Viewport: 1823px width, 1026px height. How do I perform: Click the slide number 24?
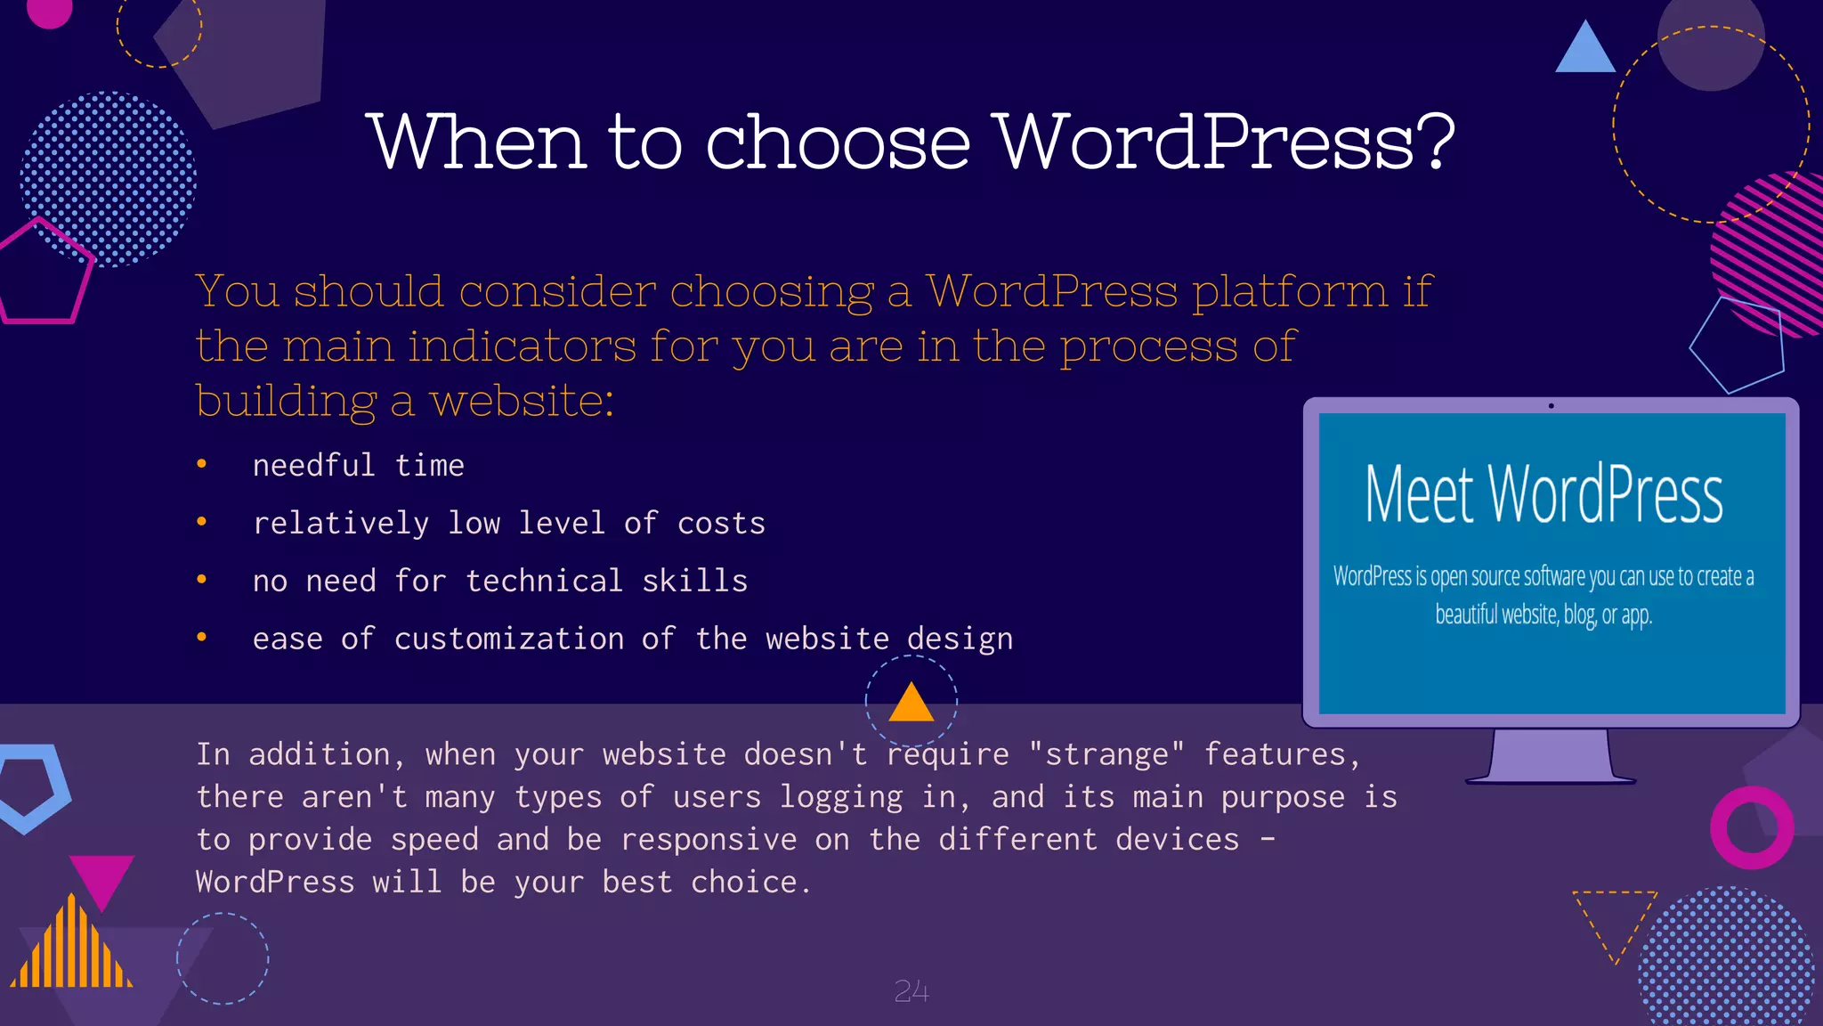click(x=911, y=991)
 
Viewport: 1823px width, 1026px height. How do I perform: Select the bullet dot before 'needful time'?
click(x=202, y=464)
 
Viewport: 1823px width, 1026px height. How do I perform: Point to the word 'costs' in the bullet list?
click(x=721, y=524)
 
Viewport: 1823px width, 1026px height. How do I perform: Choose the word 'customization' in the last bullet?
click(x=509, y=639)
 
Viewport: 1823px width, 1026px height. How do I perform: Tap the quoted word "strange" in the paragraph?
click(x=1106, y=754)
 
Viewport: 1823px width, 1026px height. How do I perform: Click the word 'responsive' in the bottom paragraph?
click(x=709, y=840)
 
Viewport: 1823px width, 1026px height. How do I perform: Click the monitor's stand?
click(x=1551, y=757)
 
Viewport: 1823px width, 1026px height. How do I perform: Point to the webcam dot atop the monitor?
click(x=1551, y=406)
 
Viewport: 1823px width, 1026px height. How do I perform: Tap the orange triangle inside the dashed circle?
click(x=911, y=704)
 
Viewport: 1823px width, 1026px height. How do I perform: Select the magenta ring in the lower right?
click(x=1752, y=827)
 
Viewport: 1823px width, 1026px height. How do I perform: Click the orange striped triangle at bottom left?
click(x=71, y=949)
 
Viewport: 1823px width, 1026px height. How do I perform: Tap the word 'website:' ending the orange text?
click(x=522, y=401)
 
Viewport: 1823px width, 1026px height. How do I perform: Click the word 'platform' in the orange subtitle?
click(x=1290, y=292)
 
